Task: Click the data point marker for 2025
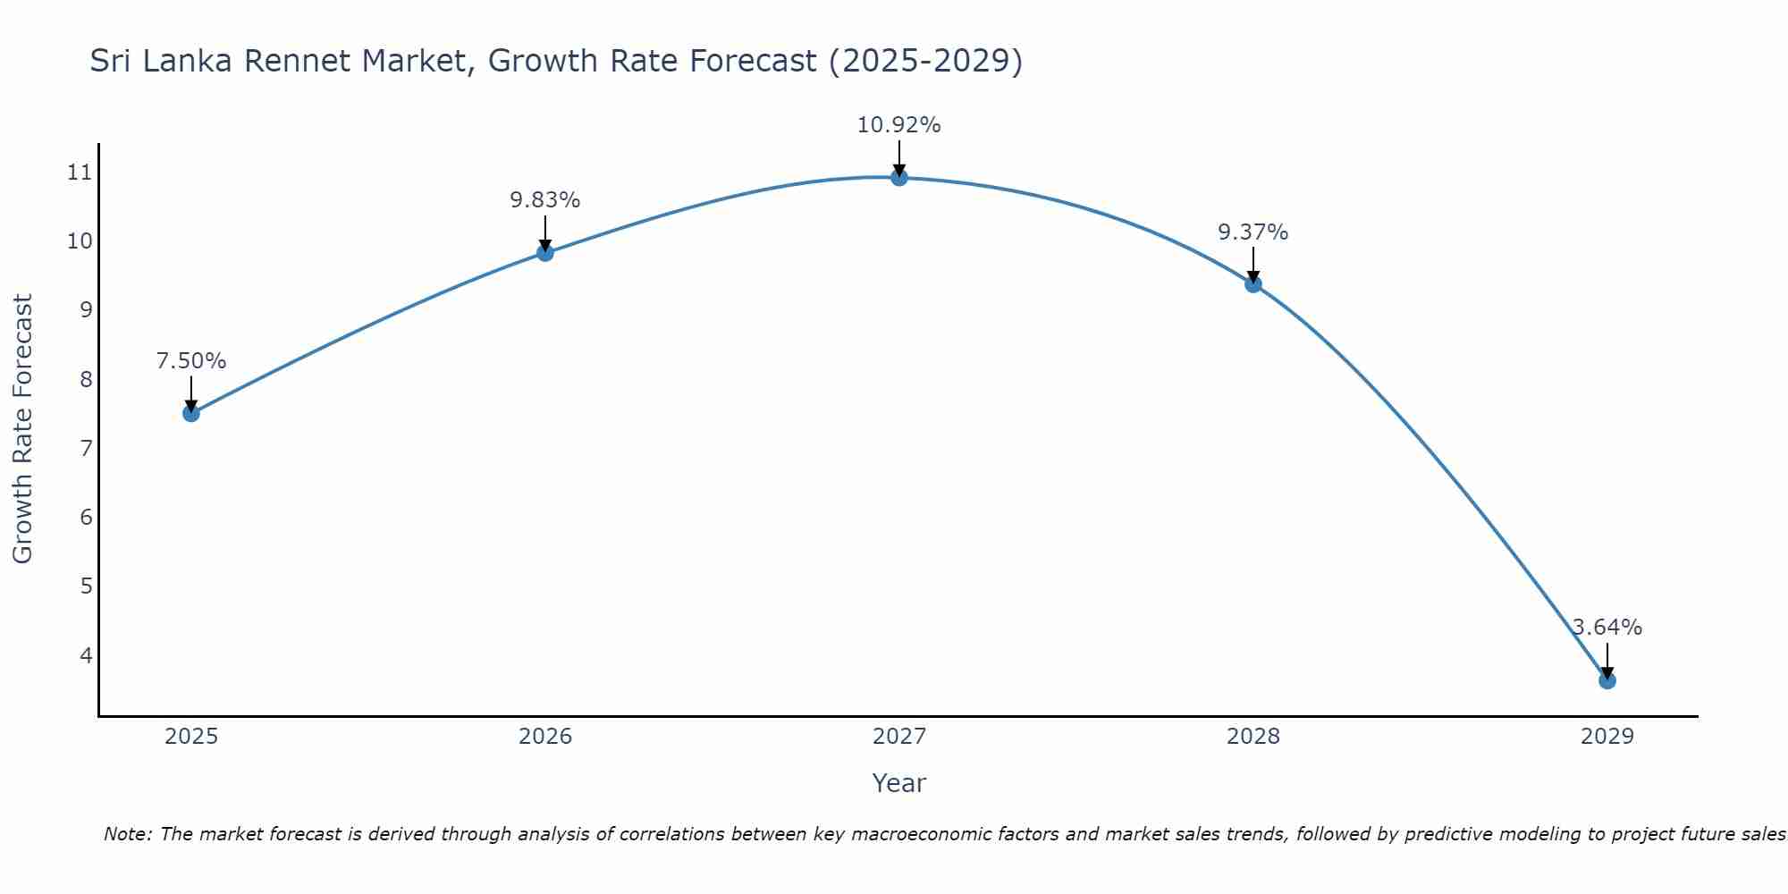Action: [190, 413]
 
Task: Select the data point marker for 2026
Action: [544, 252]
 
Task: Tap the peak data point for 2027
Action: [898, 177]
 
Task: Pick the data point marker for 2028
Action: [1252, 284]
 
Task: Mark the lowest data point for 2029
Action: [1607, 680]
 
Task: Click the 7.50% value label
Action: [190, 361]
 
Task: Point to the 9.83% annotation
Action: [544, 200]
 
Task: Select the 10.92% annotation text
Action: [898, 125]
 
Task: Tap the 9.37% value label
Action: [1252, 232]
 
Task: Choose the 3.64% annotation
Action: [1607, 628]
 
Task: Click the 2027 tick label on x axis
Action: [898, 737]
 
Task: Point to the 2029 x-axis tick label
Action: [1607, 737]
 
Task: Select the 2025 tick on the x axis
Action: [190, 737]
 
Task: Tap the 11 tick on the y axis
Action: [80, 173]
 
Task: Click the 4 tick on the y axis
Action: [86, 655]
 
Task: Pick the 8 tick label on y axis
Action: [86, 379]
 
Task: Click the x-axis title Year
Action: [898, 783]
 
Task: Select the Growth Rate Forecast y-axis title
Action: [23, 429]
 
